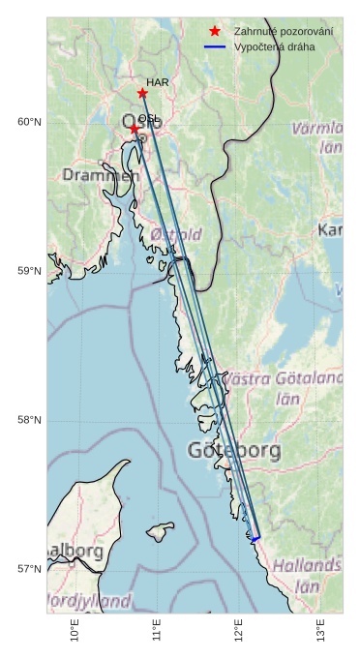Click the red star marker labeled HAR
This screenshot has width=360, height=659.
[x=142, y=93]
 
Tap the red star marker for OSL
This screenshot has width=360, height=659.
[x=135, y=129]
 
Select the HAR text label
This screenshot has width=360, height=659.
[x=158, y=82]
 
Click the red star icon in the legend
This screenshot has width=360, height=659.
[x=215, y=32]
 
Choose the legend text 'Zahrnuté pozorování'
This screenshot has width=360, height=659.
[x=283, y=32]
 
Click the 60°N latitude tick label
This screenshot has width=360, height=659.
[x=29, y=122]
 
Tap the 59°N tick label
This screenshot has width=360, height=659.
[x=29, y=271]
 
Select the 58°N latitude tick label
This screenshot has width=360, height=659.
[x=29, y=420]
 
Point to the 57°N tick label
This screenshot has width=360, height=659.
[x=29, y=569]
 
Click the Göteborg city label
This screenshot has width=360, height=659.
[x=234, y=450]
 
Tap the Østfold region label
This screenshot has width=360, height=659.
[x=176, y=234]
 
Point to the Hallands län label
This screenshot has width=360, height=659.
[x=306, y=575]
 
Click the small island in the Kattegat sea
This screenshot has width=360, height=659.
[x=160, y=532]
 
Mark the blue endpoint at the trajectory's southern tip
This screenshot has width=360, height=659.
[x=255, y=538]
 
